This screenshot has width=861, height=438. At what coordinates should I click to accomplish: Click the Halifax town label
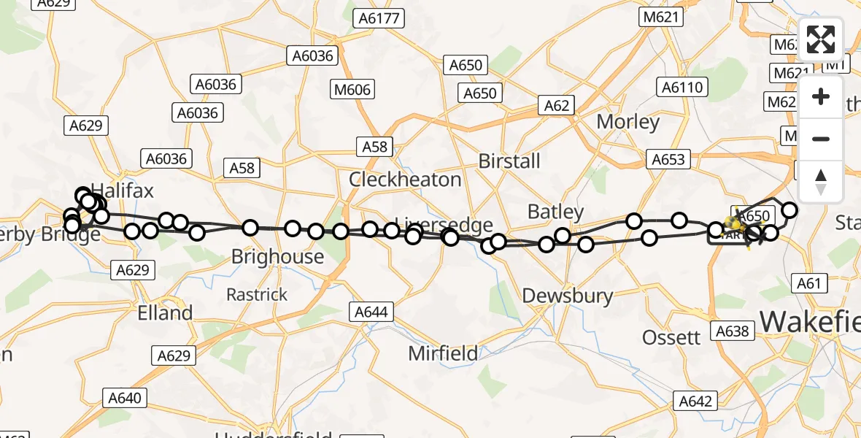(x=122, y=191)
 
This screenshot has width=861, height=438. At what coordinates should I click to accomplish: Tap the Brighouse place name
(x=277, y=257)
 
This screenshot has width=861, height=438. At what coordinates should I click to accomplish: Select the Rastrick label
(x=257, y=295)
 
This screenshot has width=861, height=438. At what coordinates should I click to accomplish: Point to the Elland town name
(x=166, y=313)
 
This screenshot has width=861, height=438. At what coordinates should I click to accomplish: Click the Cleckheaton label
(x=405, y=180)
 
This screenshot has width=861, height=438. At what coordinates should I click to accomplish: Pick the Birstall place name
(x=509, y=161)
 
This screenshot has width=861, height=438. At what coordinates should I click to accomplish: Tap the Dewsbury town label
(x=568, y=296)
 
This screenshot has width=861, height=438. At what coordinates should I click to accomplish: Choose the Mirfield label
(x=443, y=354)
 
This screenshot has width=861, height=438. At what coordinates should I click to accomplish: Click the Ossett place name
(x=671, y=337)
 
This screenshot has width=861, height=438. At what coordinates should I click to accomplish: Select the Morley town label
(x=628, y=122)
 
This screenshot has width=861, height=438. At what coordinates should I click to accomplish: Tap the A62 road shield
(x=556, y=106)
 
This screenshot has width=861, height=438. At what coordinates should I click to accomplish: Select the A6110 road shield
(x=682, y=88)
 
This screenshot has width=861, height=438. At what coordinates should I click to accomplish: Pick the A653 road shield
(x=668, y=158)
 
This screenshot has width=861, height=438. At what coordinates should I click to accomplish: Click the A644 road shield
(x=371, y=312)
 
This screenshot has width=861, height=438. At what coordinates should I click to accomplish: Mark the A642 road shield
(x=695, y=400)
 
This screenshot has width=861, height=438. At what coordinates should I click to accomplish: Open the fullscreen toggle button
(x=821, y=39)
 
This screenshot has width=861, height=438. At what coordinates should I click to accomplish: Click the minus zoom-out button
(x=821, y=139)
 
